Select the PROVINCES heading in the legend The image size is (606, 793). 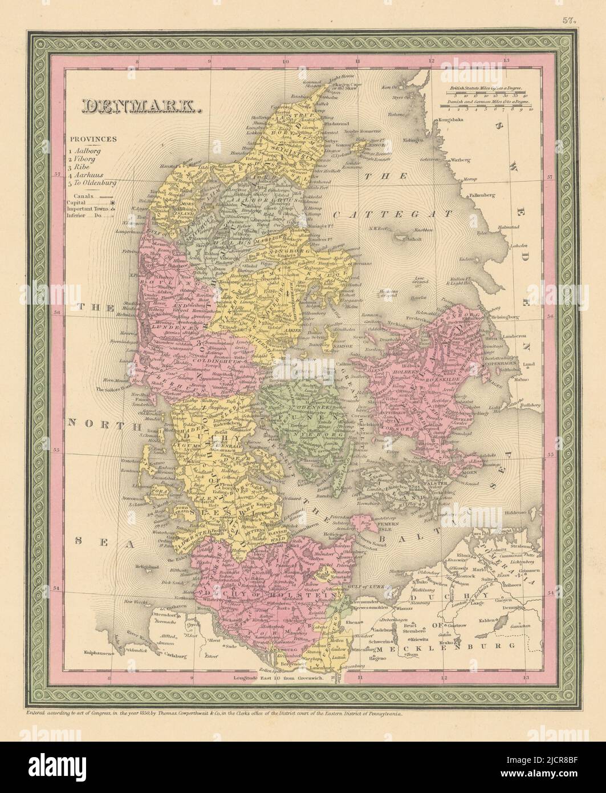click(94, 139)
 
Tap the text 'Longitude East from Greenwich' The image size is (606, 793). click(279, 679)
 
